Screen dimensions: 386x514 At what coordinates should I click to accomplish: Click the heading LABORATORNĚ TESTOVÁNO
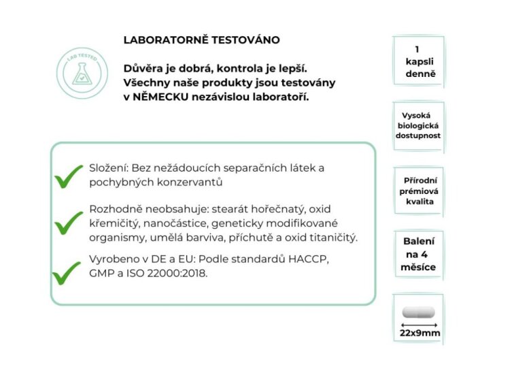[201, 40]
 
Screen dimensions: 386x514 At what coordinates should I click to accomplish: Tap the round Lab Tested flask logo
[80, 74]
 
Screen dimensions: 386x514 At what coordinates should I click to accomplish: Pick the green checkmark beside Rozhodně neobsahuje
[69, 223]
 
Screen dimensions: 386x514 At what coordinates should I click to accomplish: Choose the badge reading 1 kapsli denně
[417, 61]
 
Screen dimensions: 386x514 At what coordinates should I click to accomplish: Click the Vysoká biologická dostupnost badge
[418, 126]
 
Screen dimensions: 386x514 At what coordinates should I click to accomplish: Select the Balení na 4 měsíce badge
[418, 254]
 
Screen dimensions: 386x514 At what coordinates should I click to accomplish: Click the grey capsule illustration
[418, 312]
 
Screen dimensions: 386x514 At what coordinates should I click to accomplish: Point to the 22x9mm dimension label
[419, 333]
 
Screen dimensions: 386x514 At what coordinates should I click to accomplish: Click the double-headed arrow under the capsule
[418, 323]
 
